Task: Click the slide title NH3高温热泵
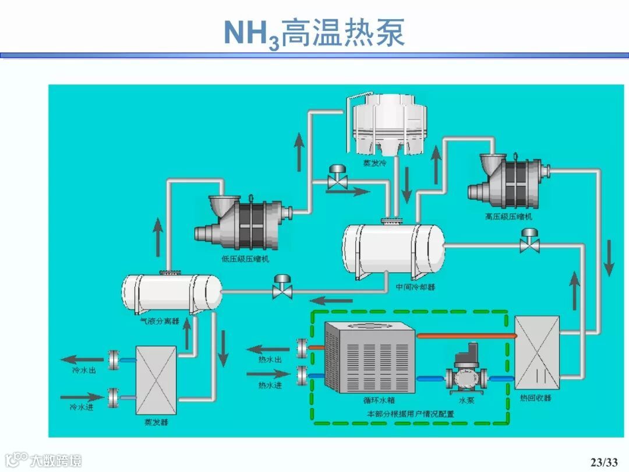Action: pyautogui.click(x=314, y=33)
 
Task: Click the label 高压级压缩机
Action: pyautogui.click(x=508, y=217)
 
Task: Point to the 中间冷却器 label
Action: pyautogui.click(x=415, y=287)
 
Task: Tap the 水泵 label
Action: pyautogui.click(x=467, y=400)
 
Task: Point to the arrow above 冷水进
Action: pyautogui.click(x=81, y=399)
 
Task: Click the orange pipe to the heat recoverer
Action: pyautogui.click(x=466, y=335)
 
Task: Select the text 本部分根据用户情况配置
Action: pyautogui.click(x=410, y=414)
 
